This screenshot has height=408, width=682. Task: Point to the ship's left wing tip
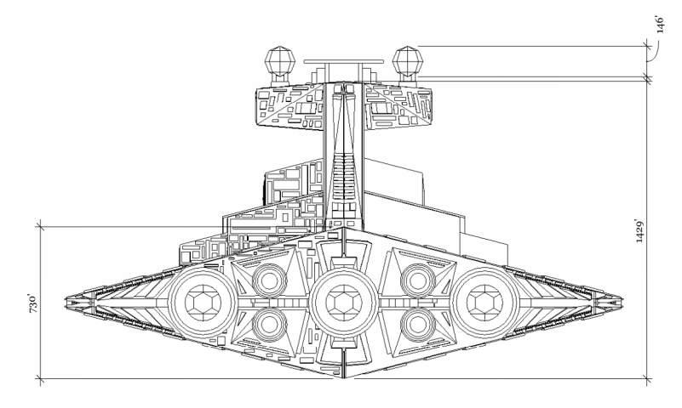(x=68, y=299)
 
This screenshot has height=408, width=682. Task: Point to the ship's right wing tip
(x=620, y=299)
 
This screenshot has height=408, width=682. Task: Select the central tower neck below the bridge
(x=343, y=170)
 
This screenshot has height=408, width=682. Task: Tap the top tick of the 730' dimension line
(x=39, y=225)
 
